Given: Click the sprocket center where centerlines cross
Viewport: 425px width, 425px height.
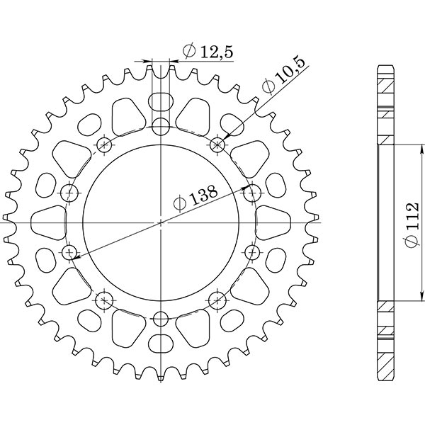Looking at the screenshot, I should pyautogui.click(x=161, y=222).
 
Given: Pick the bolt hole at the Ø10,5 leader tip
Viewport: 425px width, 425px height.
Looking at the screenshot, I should pyautogui.click(x=217, y=145).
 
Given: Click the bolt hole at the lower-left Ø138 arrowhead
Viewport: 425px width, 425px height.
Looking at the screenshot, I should pyautogui.click(x=69, y=252).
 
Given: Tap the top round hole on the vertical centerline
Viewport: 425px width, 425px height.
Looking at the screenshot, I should pyautogui.click(x=161, y=127).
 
